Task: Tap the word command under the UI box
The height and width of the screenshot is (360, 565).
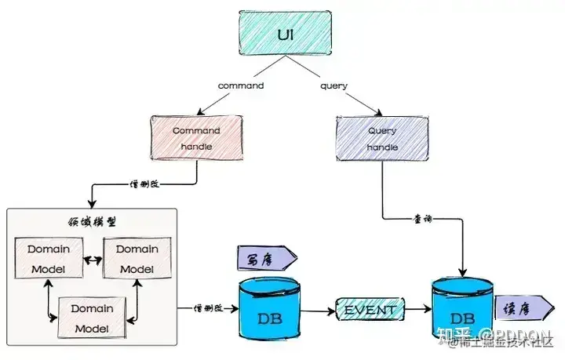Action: [x=240, y=85]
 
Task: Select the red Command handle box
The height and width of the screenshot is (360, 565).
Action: [x=196, y=138]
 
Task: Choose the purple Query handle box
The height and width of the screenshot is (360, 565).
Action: [x=382, y=138]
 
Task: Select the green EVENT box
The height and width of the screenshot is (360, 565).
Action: [x=369, y=310]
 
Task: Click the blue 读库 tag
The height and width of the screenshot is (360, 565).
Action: [x=516, y=307]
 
